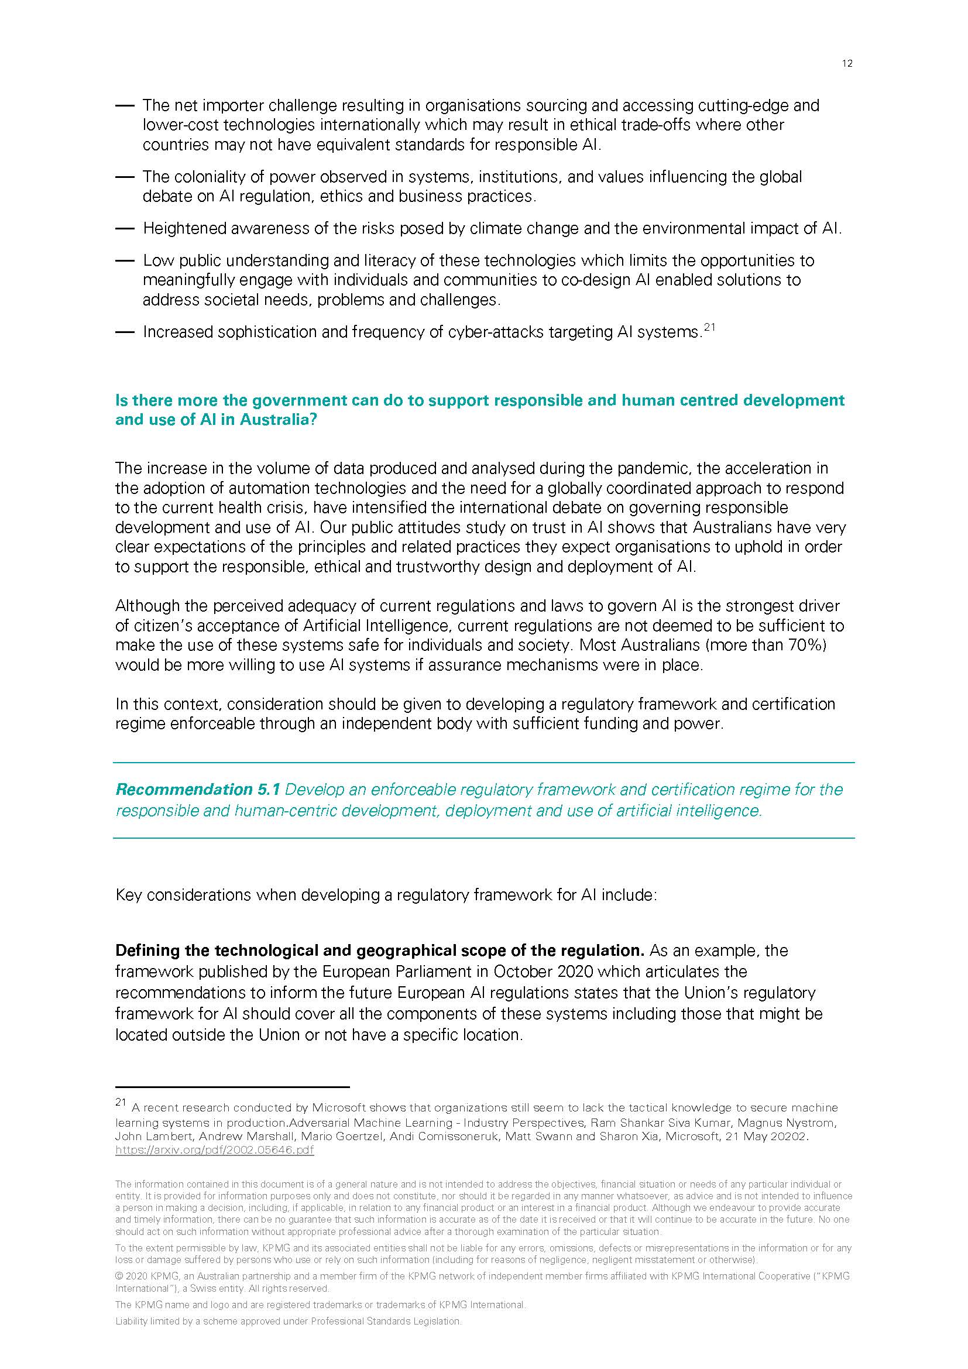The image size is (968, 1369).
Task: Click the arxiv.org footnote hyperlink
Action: click(x=215, y=1150)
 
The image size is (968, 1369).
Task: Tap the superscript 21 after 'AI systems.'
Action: click(x=709, y=327)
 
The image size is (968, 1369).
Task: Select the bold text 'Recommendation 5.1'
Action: click(x=184, y=790)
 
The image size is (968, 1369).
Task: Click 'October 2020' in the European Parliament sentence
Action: click(x=543, y=972)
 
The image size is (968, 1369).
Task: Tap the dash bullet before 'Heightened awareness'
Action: click(x=125, y=228)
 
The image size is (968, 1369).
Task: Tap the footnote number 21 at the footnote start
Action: click(x=121, y=1103)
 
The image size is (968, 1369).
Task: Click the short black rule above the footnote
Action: click(x=232, y=1086)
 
